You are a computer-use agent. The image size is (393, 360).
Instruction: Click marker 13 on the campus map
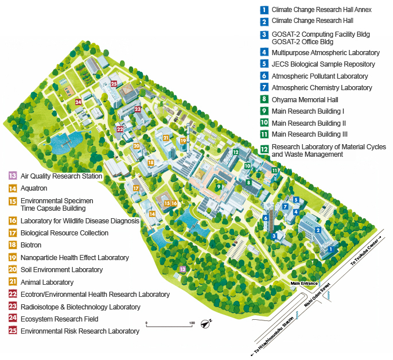(183, 268)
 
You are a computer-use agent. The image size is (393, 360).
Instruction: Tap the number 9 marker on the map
(218, 186)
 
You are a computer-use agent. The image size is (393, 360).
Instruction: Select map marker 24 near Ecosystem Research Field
(78, 102)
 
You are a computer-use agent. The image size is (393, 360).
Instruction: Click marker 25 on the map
(114, 84)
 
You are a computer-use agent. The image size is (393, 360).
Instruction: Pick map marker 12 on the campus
(236, 152)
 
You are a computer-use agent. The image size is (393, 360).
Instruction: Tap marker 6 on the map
(266, 218)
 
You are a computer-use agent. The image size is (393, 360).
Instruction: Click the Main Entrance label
(304, 284)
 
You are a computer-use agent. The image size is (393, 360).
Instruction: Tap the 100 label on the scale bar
(192, 323)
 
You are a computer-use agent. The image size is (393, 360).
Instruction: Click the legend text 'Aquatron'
(34, 188)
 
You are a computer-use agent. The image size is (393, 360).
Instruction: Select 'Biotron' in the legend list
(31, 245)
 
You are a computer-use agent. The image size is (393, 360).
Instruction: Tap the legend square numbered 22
(12, 294)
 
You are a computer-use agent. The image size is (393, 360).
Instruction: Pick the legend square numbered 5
(264, 64)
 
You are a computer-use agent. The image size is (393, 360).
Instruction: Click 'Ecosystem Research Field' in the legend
(59, 319)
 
